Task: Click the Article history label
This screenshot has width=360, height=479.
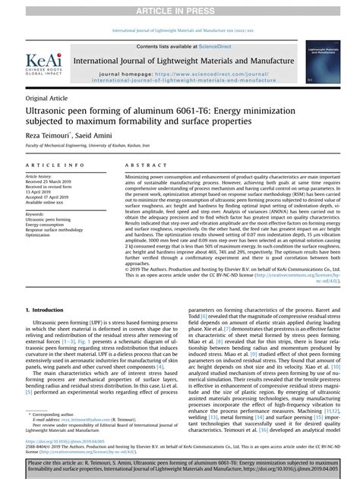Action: coord(43,176)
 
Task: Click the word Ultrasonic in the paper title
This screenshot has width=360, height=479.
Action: coord(52,111)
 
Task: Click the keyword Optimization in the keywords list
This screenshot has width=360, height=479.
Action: coord(43,235)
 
